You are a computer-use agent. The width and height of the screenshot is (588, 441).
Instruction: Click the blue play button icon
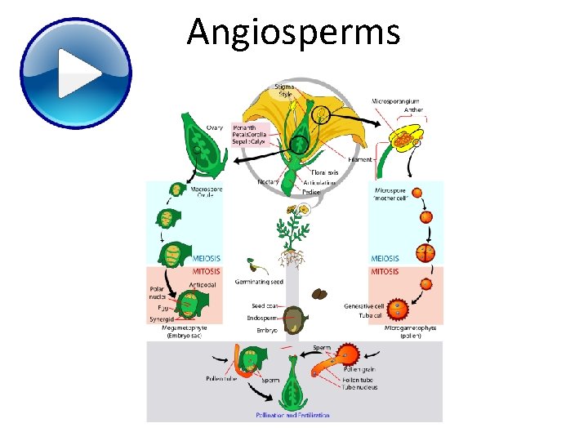tap(75, 73)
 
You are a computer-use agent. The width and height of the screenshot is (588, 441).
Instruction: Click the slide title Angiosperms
tap(293, 33)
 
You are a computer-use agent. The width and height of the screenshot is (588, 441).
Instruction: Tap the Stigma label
tap(285, 86)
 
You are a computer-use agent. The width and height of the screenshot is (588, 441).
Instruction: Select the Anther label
tap(413, 110)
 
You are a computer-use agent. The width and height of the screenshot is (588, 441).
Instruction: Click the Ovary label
tap(214, 127)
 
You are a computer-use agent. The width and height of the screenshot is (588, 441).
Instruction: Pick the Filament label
tap(360, 160)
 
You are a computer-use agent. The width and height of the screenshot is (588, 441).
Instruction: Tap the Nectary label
tap(269, 182)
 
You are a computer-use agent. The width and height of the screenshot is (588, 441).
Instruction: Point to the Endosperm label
tap(263, 318)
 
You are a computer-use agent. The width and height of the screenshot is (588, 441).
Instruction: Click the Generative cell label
tap(364, 306)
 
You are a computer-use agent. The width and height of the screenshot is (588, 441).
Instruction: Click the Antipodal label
tap(203, 284)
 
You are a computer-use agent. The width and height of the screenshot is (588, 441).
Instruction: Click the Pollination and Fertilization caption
tap(293, 415)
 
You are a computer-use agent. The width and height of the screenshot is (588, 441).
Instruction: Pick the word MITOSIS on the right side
tap(385, 272)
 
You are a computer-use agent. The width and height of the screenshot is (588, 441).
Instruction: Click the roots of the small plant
tap(291, 259)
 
